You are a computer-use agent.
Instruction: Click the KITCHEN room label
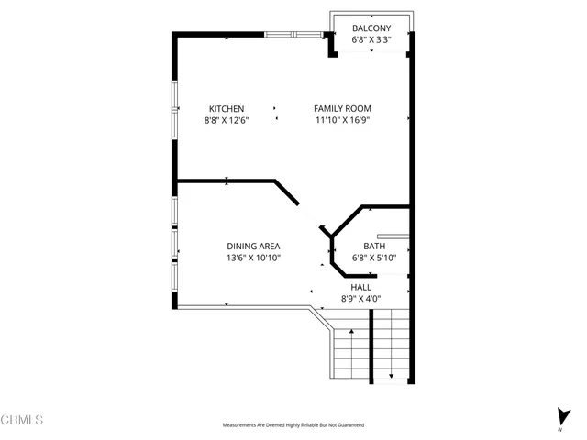point(226,108)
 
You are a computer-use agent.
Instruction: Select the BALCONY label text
point(371,28)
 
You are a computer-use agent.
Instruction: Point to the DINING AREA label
point(253,246)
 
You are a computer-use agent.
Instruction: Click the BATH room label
point(373,246)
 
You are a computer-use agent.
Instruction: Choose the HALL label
point(360,287)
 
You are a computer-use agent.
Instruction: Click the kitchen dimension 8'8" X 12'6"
point(226,120)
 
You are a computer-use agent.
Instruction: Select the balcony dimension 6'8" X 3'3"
point(371,40)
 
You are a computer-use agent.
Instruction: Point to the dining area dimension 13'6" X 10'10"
point(253,258)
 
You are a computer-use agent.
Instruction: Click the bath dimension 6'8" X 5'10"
point(373,258)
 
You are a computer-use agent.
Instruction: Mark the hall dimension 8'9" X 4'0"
point(360,298)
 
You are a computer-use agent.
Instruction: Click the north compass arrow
point(560,414)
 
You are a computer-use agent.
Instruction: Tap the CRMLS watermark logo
point(22,420)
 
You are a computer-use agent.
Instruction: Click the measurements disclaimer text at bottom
point(293,425)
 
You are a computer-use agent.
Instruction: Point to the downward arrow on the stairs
point(392,374)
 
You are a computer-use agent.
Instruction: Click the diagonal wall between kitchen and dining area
point(286,192)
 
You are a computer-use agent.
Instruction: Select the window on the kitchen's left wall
point(174,111)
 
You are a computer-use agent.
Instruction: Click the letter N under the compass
point(560,429)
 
